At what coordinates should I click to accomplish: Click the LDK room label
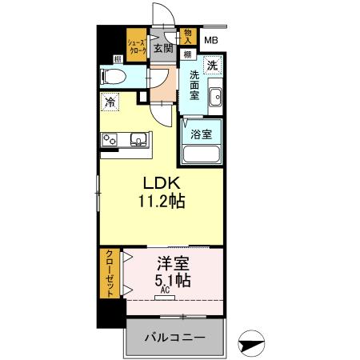pyautogui.click(x=161, y=183)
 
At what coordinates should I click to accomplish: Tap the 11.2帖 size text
pyautogui.click(x=162, y=201)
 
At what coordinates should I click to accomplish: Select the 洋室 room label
pyautogui.click(x=173, y=263)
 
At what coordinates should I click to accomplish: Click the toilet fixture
pyautogui.click(x=114, y=77)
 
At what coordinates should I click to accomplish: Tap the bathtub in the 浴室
pyautogui.click(x=202, y=154)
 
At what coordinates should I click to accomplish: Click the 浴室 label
pyautogui.click(x=202, y=134)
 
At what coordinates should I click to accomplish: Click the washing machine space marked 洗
pyautogui.click(x=213, y=65)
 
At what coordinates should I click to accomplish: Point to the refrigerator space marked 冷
pyautogui.click(x=110, y=102)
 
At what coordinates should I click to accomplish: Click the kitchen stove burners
pyautogui.click(x=110, y=140)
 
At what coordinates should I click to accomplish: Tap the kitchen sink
pyautogui.click(x=138, y=139)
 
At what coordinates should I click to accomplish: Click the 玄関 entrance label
pyautogui.click(x=163, y=48)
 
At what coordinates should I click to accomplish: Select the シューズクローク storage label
pyautogui.click(x=137, y=46)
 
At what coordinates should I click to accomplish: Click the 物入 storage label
pyautogui.click(x=188, y=37)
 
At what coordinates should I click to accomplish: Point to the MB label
pyautogui.click(x=211, y=40)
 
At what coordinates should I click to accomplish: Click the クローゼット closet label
pyautogui.click(x=110, y=274)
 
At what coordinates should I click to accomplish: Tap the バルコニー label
pyautogui.click(x=175, y=338)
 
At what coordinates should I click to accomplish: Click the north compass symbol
pyautogui.click(x=251, y=344)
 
